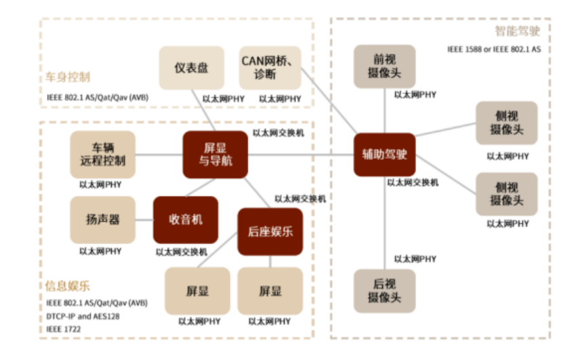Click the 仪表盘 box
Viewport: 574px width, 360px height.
191,68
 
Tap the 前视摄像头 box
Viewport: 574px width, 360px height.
384,66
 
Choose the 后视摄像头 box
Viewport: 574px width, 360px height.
384,289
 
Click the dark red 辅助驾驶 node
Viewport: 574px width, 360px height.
384,155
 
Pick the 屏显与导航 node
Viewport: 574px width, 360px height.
215,155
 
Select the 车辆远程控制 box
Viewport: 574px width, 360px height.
102,155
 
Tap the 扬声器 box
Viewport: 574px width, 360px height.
102,220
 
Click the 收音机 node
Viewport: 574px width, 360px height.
185,220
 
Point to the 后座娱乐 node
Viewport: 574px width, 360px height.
270,232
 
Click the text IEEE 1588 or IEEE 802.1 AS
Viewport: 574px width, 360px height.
493,49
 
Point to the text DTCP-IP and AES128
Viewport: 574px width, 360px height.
84,316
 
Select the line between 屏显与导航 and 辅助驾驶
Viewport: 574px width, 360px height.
301,155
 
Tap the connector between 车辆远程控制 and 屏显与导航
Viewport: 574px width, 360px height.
159,155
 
